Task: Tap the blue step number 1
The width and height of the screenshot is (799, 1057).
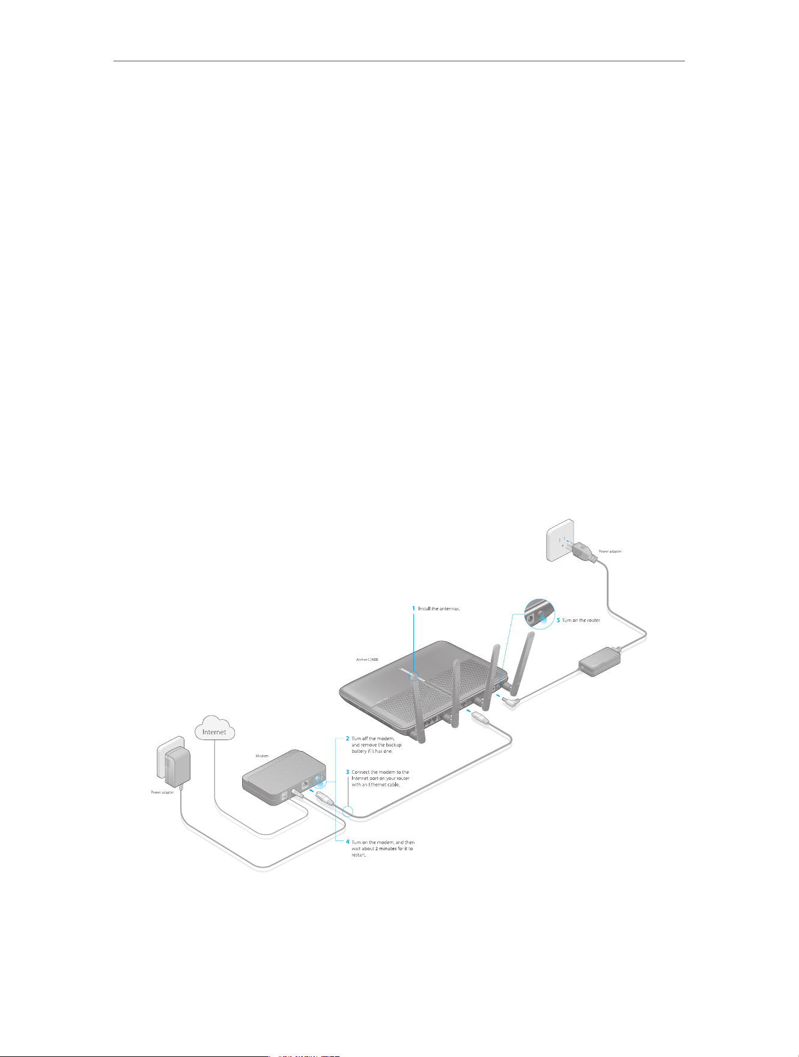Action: coord(413,608)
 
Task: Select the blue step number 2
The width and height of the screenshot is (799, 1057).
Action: coord(347,738)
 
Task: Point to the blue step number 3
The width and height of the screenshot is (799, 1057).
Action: coord(347,771)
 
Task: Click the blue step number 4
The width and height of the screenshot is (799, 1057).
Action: coord(347,842)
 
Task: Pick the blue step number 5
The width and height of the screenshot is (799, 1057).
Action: coord(558,620)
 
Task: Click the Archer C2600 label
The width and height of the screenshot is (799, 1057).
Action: coord(367,660)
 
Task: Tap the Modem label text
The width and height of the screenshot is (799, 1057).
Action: coord(262,756)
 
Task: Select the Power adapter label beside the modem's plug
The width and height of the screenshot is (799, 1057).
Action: coord(162,792)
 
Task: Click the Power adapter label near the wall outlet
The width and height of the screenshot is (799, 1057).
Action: coord(610,551)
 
